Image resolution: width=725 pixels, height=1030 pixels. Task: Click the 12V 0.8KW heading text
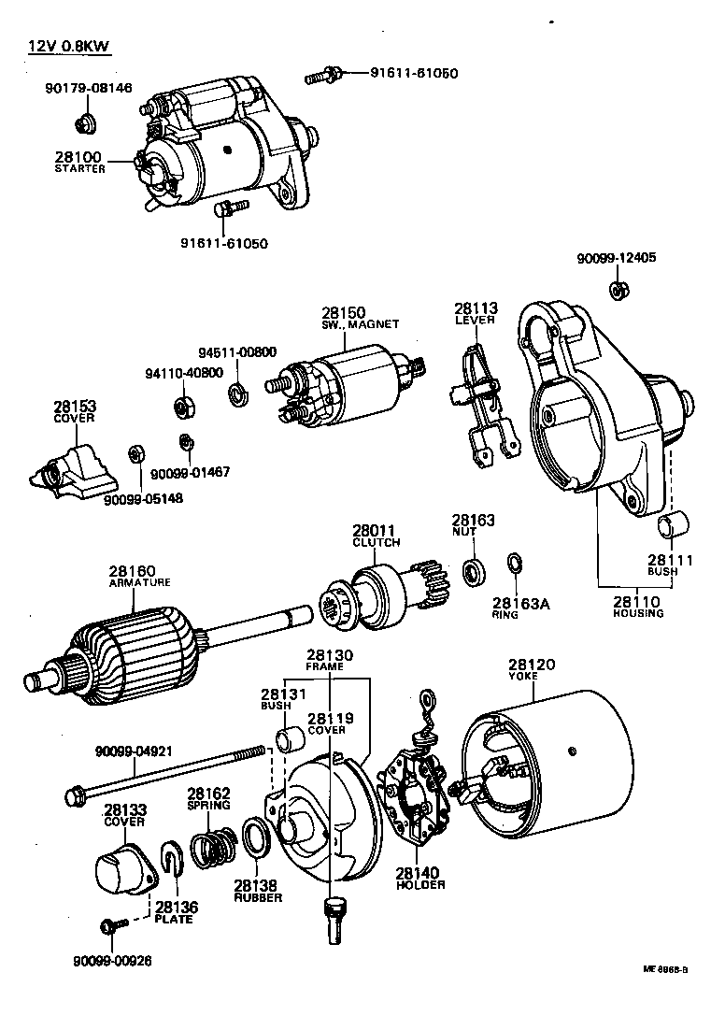(64, 46)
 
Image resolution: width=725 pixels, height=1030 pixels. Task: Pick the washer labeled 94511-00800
(237, 390)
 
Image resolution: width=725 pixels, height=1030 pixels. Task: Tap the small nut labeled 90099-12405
(617, 290)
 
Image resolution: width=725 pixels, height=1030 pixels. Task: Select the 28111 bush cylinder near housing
(674, 526)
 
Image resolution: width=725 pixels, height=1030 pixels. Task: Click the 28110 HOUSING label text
(638, 607)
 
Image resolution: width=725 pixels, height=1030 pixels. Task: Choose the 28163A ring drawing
(514, 564)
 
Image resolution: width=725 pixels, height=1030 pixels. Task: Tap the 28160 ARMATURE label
(138, 576)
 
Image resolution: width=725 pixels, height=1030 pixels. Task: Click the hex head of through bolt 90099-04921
(75, 795)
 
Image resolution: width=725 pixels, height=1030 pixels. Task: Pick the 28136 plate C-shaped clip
(171, 865)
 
